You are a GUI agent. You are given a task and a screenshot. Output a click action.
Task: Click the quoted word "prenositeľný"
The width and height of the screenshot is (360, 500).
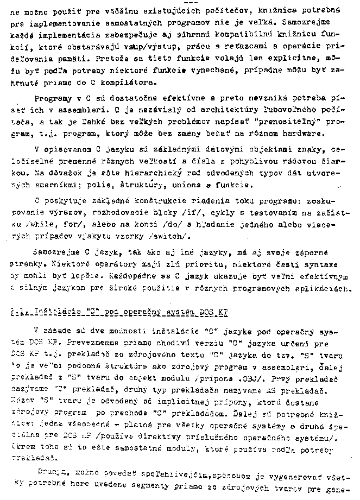289,123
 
